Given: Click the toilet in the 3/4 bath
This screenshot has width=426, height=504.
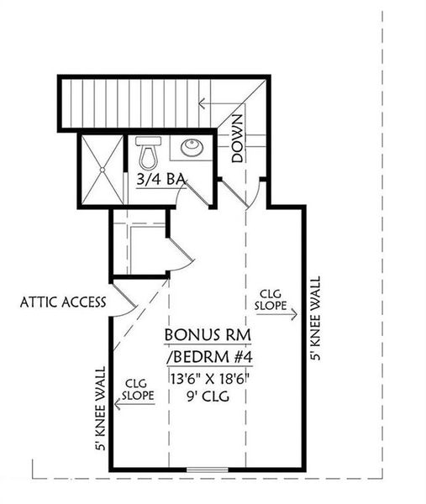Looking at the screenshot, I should pos(150,152).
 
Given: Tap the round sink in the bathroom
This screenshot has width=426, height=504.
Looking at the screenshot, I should pos(191,149).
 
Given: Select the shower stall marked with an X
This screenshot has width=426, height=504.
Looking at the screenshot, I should pos(101,169).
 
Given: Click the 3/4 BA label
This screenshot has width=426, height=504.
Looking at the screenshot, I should pos(160,178).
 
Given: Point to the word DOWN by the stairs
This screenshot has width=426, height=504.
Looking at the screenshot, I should pos(238,139).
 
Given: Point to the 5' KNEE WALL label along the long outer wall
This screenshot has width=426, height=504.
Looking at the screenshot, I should pos(315,320).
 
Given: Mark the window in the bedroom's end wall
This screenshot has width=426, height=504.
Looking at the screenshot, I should pos(207,468).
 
